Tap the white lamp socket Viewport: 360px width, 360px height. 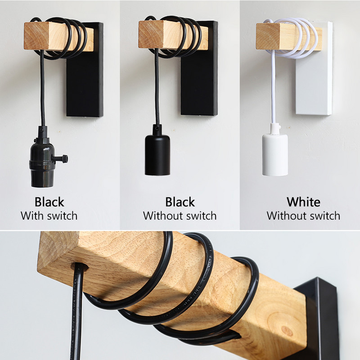coord(275,154)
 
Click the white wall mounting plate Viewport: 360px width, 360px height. coord(314,68)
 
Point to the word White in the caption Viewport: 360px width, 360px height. coord(303,202)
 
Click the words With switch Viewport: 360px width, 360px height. coord(49,216)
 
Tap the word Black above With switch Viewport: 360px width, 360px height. coord(49,202)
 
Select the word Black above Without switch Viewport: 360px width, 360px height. coord(180,202)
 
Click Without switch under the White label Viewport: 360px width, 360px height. coord(303,216)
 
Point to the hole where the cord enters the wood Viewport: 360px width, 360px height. coord(80,267)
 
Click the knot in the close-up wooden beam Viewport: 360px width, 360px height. coord(287,331)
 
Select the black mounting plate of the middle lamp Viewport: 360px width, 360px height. coord(199,68)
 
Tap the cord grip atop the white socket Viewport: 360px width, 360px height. coord(275,129)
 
